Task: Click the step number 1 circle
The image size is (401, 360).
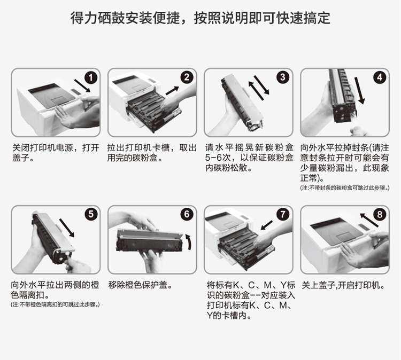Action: (x=91, y=77)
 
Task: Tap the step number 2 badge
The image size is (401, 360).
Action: (x=187, y=77)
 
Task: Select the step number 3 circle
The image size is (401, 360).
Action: (x=283, y=77)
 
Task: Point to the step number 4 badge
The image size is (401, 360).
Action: (x=380, y=77)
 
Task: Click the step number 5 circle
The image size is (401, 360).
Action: (x=91, y=214)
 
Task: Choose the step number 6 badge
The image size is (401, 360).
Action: (x=187, y=214)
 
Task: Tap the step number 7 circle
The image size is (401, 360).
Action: (x=283, y=214)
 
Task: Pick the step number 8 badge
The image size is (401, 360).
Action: (x=380, y=214)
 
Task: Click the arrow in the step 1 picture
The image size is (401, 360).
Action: (x=81, y=85)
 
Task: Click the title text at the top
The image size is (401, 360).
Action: (x=200, y=19)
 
